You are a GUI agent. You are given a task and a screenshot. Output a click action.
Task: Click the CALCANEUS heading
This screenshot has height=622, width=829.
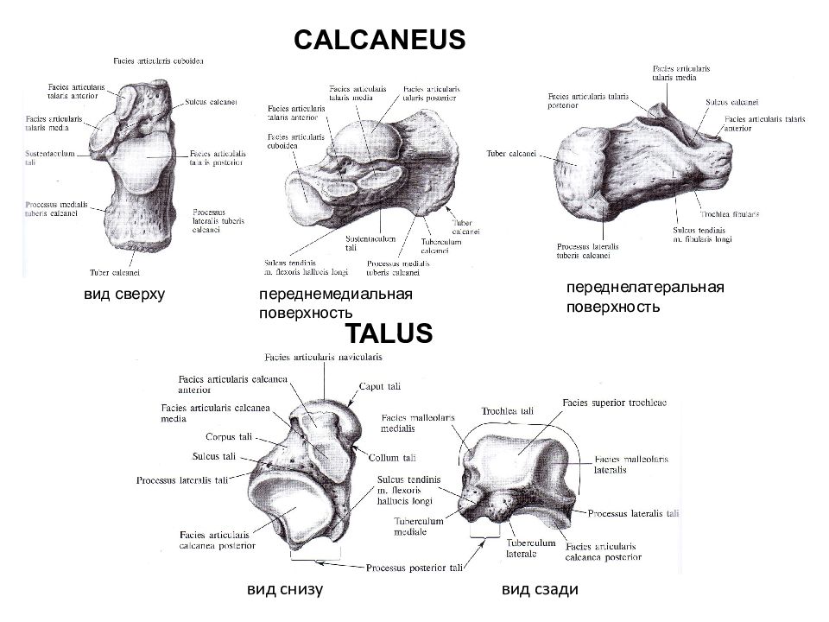click(380, 40)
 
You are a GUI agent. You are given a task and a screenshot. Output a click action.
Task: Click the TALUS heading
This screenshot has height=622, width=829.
click(389, 333)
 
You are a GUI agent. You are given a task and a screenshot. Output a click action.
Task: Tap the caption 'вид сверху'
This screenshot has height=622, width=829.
click(123, 295)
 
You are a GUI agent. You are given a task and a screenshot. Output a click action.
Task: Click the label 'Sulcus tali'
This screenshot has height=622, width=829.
click(215, 456)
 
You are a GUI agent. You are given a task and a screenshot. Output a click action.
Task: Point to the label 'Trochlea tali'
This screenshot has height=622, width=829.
click(508, 411)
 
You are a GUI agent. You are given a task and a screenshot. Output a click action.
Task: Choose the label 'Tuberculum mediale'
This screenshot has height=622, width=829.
click(418, 526)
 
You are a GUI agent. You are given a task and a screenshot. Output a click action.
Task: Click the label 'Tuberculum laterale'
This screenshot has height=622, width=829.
click(528, 548)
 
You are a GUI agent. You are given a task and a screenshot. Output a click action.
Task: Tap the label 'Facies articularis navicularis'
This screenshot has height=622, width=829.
click(323, 357)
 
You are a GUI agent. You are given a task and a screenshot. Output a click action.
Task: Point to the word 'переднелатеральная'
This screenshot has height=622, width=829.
click(644, 287)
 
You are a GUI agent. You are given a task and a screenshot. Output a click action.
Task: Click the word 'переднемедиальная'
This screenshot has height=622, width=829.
click(336, 295)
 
